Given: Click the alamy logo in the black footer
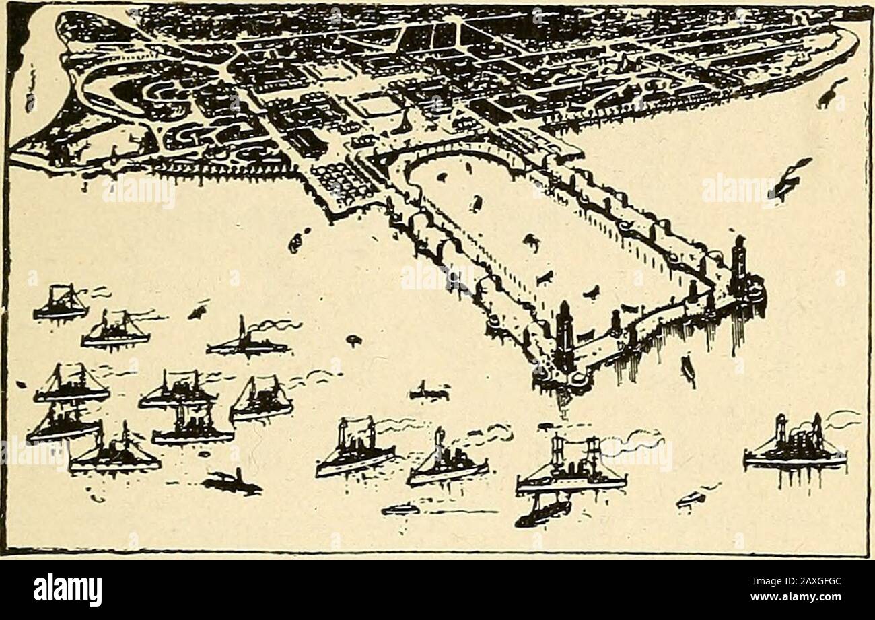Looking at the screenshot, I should (x=67, y=590).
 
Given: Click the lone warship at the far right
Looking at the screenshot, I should (x=795, y=447).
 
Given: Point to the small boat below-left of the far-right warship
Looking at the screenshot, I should (x=692, y=498).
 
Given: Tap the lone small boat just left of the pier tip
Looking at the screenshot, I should (x=429, y=391).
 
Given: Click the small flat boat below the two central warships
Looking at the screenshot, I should (x=400, y=510).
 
